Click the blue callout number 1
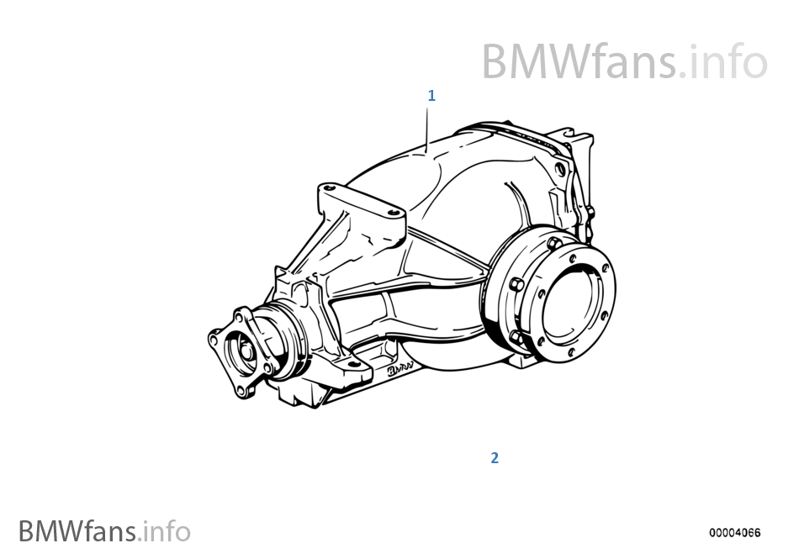[431, 95]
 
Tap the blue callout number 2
[495, 457]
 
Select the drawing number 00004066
[734, 533]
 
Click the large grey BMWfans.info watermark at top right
[624, 61]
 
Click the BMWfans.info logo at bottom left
[104, 531]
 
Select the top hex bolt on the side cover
[553, 243]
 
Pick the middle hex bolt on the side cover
[516, 284]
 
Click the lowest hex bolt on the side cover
[516, 338]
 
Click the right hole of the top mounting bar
[393, 213]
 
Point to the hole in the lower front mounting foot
[351, 365]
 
